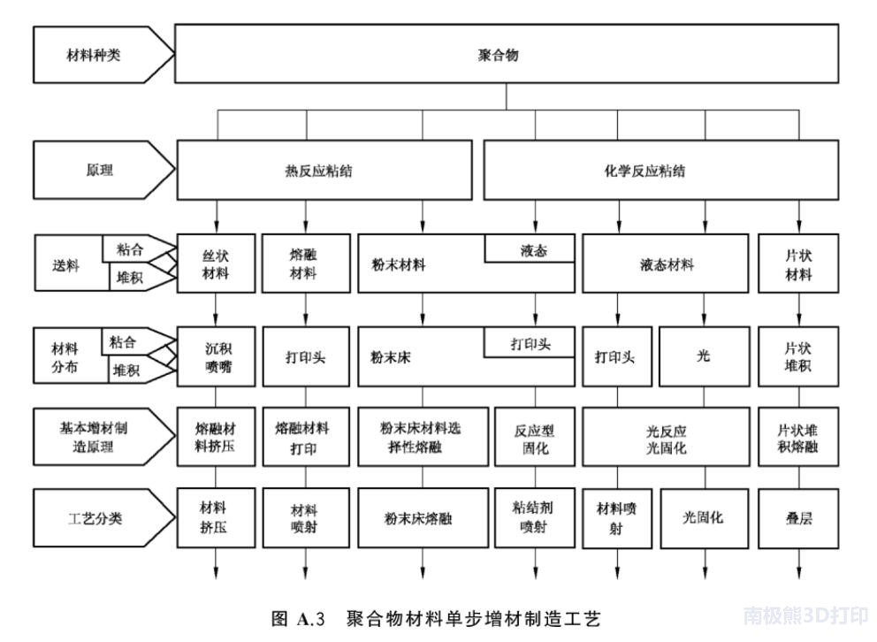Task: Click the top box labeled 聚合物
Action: tap(507, 54)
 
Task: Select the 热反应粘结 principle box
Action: tap(324, 170)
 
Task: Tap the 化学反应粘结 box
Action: tap(661, 170)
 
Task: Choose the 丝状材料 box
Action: tap(216, 264)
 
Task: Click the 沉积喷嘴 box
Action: tap(216, 356)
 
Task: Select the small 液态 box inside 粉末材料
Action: tap(530, 248)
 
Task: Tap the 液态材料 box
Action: tap(666, 264)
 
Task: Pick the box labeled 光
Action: tap(705, 356)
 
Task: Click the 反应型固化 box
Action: tap(535, 438)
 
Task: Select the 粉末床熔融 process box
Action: tap(423, 518)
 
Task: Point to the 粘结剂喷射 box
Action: tap(535, 518)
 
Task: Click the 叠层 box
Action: tap(798, 518)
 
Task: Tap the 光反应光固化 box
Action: tap(666, 438)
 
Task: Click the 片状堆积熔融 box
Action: tap(798, 438)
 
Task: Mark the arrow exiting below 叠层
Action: tap(798, 563)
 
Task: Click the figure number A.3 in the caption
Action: tap(310, 619)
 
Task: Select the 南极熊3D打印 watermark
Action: tap(805, 615)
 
